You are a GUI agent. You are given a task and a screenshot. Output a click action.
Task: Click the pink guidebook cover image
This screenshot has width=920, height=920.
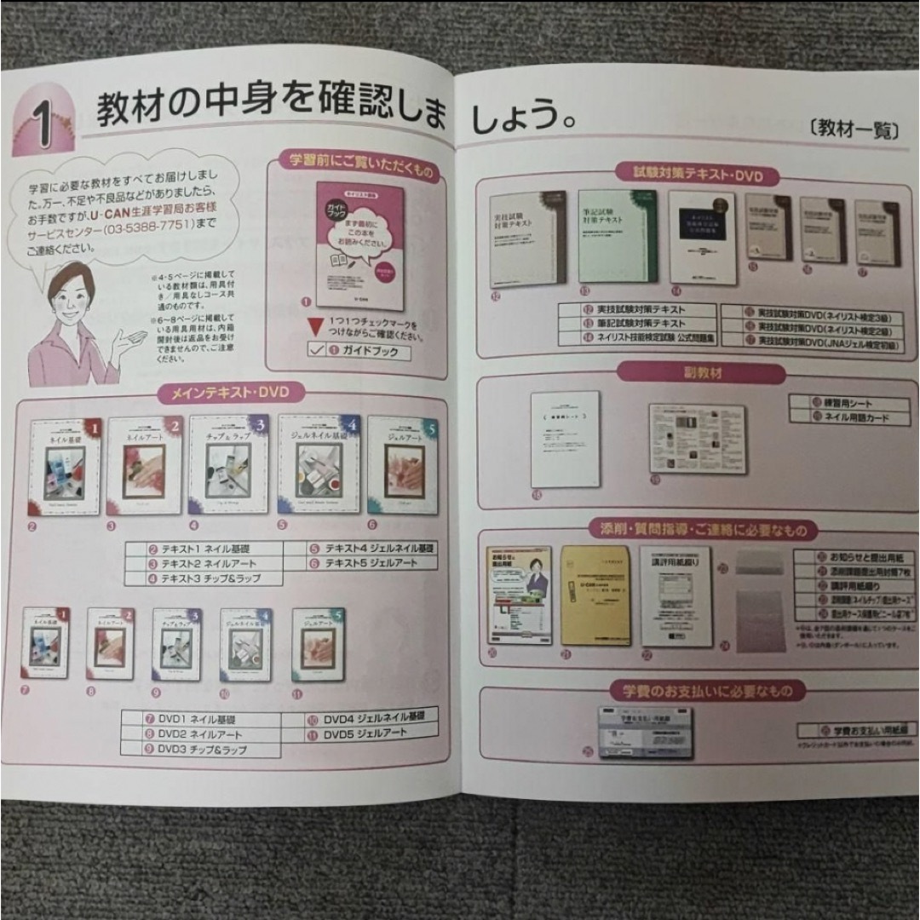359,246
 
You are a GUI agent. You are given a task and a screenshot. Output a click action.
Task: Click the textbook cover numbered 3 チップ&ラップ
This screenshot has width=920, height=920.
227,464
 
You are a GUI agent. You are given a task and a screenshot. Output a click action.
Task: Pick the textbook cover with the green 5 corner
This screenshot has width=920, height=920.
402,466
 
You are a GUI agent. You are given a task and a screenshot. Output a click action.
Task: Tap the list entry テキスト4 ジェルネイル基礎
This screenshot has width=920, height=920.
372,548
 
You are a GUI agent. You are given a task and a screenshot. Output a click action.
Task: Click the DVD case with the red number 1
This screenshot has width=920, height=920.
45,642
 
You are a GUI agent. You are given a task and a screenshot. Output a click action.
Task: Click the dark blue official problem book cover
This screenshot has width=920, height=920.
701,237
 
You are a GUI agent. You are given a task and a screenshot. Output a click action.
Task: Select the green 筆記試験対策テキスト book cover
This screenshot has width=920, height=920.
618,236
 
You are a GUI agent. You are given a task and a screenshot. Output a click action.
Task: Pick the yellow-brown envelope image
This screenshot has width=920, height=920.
595,595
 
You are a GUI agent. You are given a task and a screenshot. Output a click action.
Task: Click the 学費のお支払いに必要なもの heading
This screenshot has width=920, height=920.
707,690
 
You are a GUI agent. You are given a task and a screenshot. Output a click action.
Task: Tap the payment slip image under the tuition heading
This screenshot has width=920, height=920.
645,732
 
